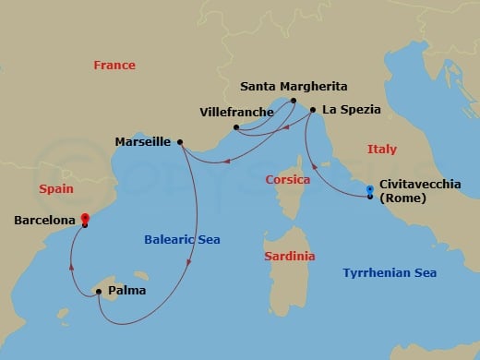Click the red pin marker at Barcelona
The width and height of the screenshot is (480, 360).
coord(84,220)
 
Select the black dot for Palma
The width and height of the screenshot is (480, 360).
coord(98,293)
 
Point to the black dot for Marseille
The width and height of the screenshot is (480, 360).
coord(180,142)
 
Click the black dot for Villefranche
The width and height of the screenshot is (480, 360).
coord(236,126)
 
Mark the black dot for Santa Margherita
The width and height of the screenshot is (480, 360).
coord(293,101)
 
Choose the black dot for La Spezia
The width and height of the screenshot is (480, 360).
coord(313,110)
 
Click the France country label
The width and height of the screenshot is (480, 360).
coord(114,66)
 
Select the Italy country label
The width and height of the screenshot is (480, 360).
coord(382,149)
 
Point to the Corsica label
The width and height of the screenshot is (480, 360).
coord(287,179)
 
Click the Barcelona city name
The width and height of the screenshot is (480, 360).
coord(44,221)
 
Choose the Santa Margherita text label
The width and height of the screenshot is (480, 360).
coord(294,87)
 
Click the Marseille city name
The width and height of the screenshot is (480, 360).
coord(143,142)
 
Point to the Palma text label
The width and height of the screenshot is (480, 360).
coord(126,292)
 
